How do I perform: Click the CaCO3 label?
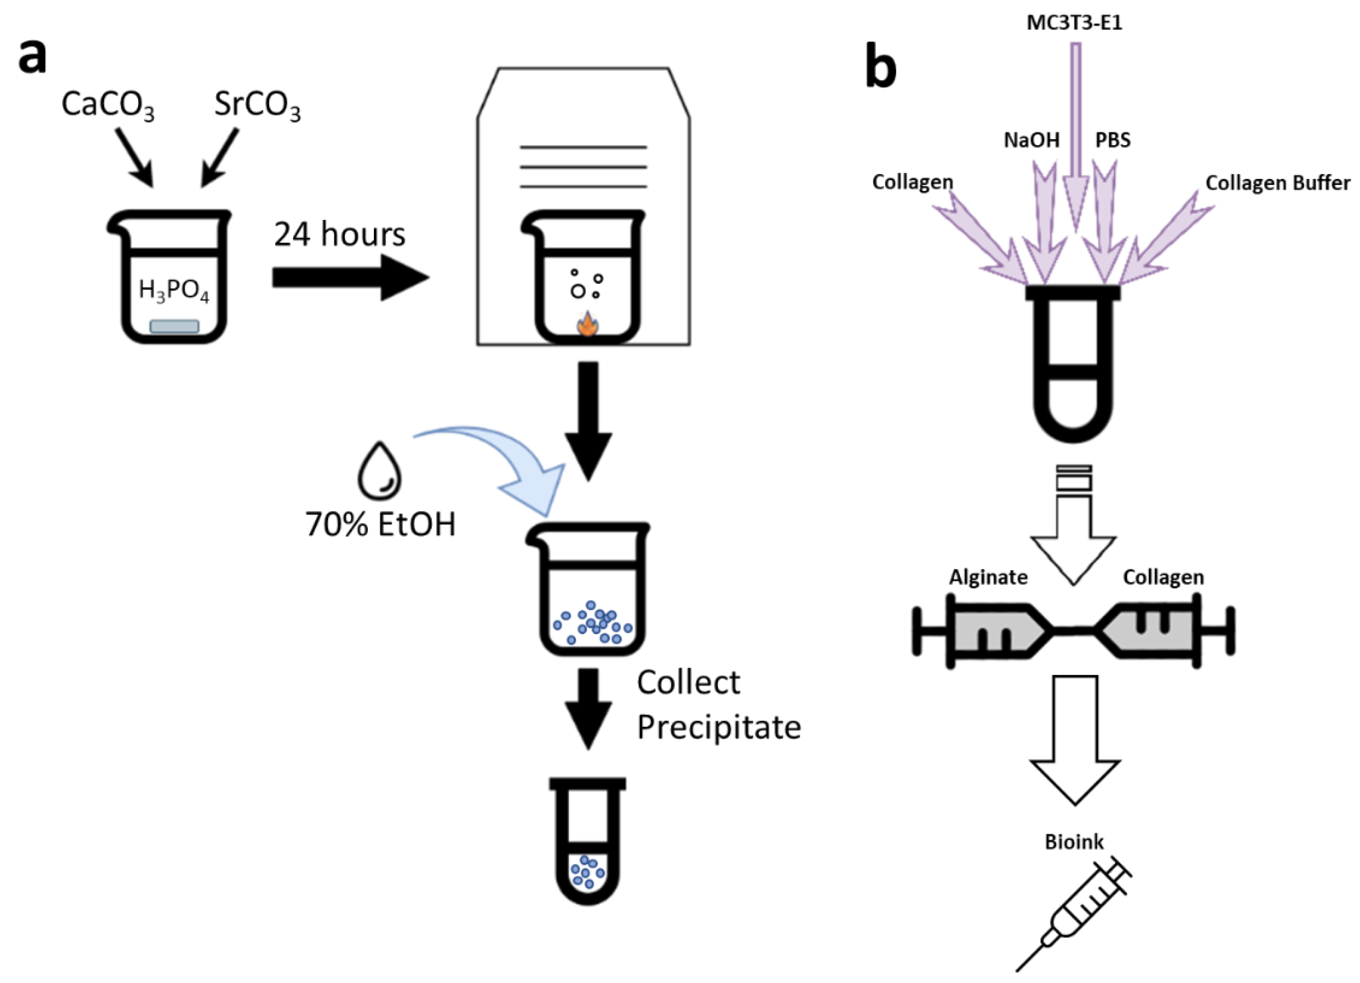(x=107, y=105)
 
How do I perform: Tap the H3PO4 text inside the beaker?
(x=174, y=290)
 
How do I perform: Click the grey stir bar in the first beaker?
(x=174, y=326)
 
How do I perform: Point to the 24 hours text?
(x=340, y=234)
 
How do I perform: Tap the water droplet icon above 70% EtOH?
(x=379, y=471)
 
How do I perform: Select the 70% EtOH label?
(x=380, y=524)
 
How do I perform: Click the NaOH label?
(x=1031, y=140)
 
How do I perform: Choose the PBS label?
(x=1113, y=140)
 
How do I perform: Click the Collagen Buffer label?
(x=1278, y=183)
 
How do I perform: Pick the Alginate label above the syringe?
(x=988, y=577)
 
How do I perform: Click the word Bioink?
(x=1074, y=841)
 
